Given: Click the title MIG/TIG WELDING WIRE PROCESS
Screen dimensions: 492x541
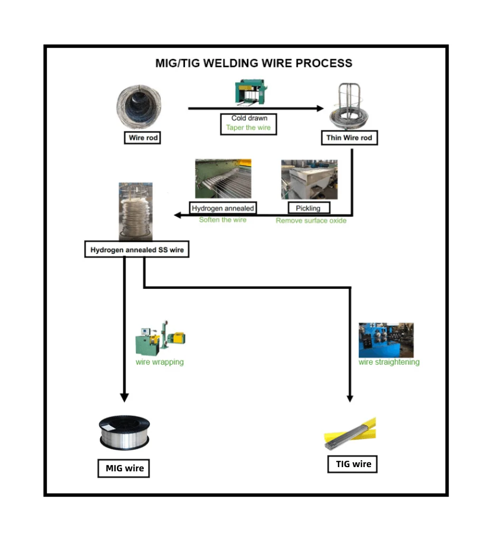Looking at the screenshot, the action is click(254, 63).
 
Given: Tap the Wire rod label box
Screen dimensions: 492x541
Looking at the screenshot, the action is click(142, 138).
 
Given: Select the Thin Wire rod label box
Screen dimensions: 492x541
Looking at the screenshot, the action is click(349, 138).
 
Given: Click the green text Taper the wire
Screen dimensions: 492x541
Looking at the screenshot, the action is click(248, 127).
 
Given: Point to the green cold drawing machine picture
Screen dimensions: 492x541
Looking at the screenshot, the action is click(250, 92).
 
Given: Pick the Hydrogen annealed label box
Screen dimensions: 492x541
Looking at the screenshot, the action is click(223, 208).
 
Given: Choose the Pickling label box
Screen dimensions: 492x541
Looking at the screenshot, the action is click(309, 208).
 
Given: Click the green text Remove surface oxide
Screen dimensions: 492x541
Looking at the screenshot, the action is click(311, 221).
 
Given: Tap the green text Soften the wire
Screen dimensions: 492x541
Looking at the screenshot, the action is click(222, 220).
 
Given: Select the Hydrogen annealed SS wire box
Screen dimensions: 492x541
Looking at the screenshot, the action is click(137, 250).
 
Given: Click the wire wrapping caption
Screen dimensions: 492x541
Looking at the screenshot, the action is click(160, 362).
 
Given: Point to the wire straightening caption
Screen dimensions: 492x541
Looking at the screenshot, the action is click(389, 362).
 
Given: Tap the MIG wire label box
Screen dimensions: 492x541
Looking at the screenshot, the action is click(124, 468).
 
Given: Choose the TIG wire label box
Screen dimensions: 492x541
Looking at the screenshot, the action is click(352, 464).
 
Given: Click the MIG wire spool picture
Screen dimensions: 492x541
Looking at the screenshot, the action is click(124, 433).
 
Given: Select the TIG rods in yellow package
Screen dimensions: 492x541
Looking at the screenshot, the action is click(350, 433).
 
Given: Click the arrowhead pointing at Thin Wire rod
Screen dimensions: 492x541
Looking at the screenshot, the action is click(320, 108).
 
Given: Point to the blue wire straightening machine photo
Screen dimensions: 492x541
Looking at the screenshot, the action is click(386, 340).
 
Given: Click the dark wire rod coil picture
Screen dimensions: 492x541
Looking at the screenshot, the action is click(138, 107).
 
